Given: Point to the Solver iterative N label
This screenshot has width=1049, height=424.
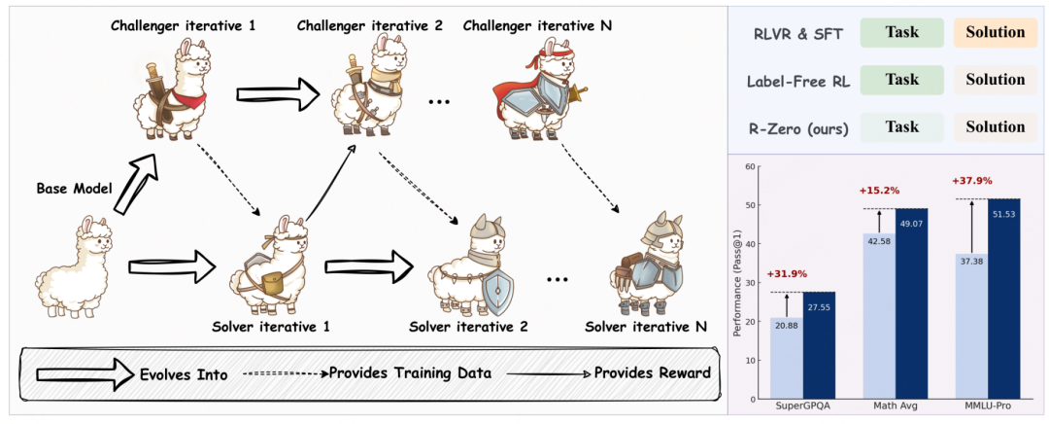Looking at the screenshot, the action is tap(646, 328).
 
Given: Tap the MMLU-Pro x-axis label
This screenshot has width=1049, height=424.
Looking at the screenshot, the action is tap(988, 406).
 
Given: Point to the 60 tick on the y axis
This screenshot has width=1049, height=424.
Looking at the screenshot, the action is tap(758, 166).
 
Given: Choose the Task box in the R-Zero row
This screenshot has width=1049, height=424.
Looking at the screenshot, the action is tap(901, 127).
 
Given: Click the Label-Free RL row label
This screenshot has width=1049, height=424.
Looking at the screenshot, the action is tap(798, 81).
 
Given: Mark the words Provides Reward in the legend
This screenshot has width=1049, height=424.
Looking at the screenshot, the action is tap(653, 372).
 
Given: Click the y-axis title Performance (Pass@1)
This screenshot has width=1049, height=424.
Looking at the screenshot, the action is tap(739, 282).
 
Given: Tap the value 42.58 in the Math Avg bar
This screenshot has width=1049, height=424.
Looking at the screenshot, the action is tap(879, 242).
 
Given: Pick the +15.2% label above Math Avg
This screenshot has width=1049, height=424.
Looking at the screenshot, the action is tap(878, 192).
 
